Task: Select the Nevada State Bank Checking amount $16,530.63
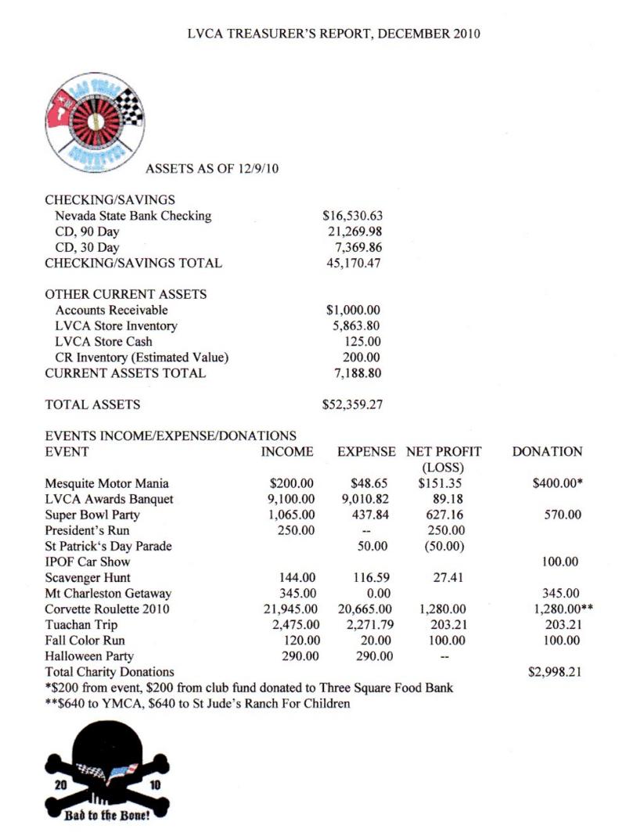tap(352, 216)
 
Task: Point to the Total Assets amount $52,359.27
tap(352, 404)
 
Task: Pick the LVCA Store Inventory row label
tap(116, 325)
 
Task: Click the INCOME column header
tap(287, 452)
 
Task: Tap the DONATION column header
tap(547, 452)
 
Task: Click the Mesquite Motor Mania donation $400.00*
tap(557, 483)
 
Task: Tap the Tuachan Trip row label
tap(82, 625)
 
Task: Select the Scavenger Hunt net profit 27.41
tap(448, 578)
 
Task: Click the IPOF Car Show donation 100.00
tap(560, 562)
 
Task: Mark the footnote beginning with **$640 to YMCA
tap(197, 703)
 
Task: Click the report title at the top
tap(334, 34)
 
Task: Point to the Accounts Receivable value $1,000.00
tap(352, 310)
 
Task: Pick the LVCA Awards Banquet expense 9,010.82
tap(365, 499)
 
